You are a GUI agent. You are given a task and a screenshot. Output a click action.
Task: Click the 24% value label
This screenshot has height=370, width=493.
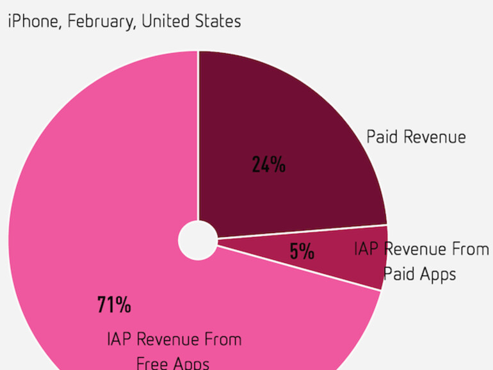pyautogui.click(x=268, y=165)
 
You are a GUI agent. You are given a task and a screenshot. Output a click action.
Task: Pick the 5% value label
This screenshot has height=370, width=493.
pyautogui.click(x=302, y=251)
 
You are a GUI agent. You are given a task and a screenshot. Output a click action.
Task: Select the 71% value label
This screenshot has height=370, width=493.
pyautogui.click(x=114, y=305)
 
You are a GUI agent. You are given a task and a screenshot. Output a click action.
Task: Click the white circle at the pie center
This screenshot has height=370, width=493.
pyautogui.click(x=198, y=241)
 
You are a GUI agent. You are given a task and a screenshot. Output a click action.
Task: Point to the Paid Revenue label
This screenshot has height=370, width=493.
pyautogui.click(x=416, y=136)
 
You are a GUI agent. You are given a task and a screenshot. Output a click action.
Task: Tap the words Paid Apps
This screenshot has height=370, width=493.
pyautogui.click(x=419, y=274)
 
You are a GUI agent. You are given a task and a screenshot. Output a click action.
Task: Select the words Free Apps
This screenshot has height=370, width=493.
pyautogui.click(x=172, y=364)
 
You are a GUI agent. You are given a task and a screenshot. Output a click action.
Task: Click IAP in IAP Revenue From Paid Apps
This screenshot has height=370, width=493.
pyautogui.click(x=367, y=249)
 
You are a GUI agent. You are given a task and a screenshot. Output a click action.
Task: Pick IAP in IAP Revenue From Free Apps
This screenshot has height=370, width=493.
pyautogui.click(x=120, y=339)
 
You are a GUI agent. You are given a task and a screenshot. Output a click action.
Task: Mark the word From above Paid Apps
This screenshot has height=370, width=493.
pyautogui.click(x=471, y=249)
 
